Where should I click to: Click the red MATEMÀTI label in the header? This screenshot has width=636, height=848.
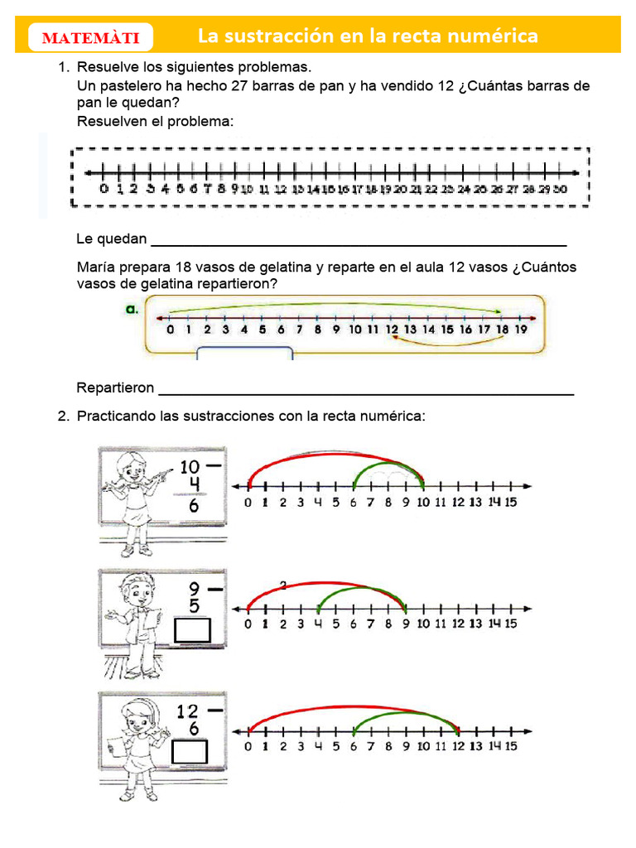(x=90, y=38)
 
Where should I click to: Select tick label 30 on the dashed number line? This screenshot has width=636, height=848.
(x=560, y=189)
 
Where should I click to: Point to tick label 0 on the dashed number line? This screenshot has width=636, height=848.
(x=104, y=189)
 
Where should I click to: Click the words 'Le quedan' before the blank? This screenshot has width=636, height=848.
(x=111, y=239)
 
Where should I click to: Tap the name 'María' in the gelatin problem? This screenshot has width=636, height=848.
(x=95, y=267)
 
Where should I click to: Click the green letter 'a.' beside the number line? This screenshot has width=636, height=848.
(x=132, y=309)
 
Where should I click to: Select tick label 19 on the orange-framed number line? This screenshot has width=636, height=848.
(x=520, y=330)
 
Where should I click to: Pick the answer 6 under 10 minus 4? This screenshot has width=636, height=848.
(x=193, y=505)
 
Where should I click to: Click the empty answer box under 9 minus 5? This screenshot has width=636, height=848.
(x=192, y=631)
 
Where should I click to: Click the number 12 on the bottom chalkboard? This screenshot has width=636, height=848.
(x=188, y=711)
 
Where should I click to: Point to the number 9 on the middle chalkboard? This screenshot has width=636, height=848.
(x=194, y=588)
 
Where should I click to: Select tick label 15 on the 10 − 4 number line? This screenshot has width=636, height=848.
(x=510, y=503)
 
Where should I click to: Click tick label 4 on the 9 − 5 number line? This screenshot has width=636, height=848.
(x=317, y=624)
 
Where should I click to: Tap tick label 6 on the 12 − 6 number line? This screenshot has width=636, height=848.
(x=353, y=746)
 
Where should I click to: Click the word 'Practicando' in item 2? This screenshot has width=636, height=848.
(x=116, y=416)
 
